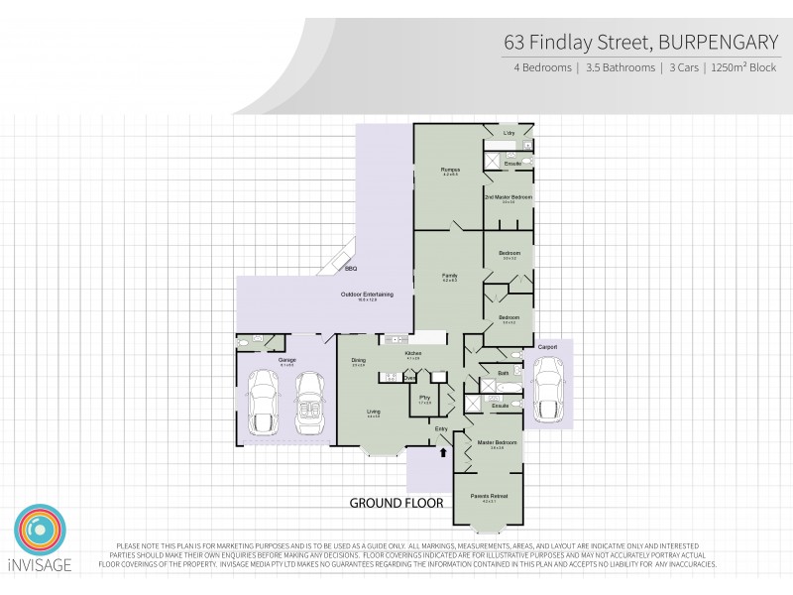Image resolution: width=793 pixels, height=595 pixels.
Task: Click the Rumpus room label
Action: [x=449, y=170]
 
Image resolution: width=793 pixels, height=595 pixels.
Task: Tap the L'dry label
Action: [x=509, y=133]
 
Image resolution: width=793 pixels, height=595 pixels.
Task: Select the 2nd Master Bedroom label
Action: [x=509, y=197]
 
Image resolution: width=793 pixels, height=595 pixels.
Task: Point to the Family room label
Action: [x=449, y=275]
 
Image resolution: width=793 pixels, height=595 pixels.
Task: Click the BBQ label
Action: [x=351, y=269]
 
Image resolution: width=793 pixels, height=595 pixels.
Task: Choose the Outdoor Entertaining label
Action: [x=368, y=294]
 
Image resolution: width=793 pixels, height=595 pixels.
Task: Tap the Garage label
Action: [x=287, y=359]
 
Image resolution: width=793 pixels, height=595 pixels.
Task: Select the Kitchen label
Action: [x=413, y=353]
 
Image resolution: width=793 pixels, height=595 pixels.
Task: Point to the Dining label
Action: [x=359, y=360]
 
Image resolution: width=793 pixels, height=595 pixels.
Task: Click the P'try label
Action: [x=424, y=400]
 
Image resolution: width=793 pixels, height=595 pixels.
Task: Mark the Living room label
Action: [x=374, y=414]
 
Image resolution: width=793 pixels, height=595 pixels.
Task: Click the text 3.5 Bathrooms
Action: [x=621, y=68]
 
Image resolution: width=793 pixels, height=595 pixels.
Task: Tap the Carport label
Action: [x=548, y=346]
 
